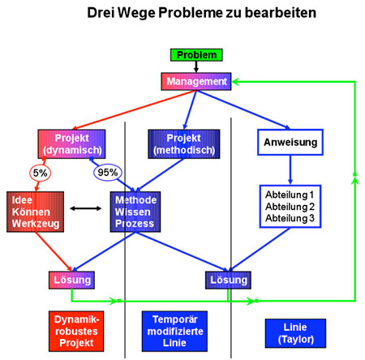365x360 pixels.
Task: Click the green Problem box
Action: (x=196, y=55)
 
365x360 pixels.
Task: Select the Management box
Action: (x=196, y=81)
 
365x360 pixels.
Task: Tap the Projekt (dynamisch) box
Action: (x=71, y=144)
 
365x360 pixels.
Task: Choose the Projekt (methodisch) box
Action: (x=184, y=144)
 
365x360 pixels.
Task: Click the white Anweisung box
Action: (x=290, y=142)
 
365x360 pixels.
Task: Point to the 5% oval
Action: (x=40, y=173)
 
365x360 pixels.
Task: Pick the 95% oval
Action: (x=108, y=173)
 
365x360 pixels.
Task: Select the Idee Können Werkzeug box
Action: (x=36, y=212)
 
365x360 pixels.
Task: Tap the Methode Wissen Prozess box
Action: (x=135, y=212)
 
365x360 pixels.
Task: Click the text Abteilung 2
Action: (x=290, y=207)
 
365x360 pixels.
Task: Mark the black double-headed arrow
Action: (x=86, y=208)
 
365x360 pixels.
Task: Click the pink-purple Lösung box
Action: (x=71, y=281)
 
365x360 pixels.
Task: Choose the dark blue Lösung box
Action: (x=228, y=281)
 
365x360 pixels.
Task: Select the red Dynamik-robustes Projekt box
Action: (x=76, y=331)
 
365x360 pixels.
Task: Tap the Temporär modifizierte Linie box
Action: (x=174, y=331)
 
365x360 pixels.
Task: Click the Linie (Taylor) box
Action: (x=295, y=333)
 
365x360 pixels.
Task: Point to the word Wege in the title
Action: (x=137, y=13)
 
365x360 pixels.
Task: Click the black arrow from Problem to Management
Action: (x=196, y=66)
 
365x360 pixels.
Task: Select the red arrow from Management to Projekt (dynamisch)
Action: (x=135, y=110)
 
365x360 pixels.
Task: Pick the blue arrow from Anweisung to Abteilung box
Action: (x=290, y=170)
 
